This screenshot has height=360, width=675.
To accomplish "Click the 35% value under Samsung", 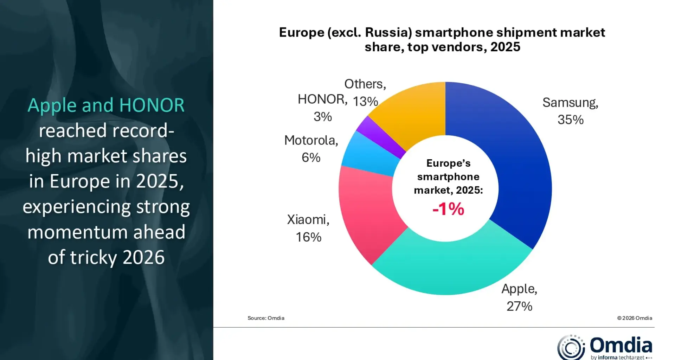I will pos(570,120).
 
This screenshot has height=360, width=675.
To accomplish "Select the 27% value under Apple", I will pos(519,307).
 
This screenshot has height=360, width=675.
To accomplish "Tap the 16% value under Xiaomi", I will pos(308,237).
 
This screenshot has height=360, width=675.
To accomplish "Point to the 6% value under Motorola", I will pos(311,157).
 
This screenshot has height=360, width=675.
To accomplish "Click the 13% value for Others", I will pos(365,102).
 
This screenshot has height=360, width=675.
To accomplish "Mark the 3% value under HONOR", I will pos(322,117).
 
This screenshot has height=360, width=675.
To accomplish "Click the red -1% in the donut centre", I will pos(448,209).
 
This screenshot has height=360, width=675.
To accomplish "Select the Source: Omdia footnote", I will pos(266,318).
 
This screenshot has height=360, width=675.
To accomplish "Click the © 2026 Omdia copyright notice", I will pos(634,318).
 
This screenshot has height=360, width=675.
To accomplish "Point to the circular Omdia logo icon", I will pos(571,347).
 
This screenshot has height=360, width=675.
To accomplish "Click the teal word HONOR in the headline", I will pos(152,105).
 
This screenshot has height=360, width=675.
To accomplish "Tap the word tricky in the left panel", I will pos(93,258).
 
